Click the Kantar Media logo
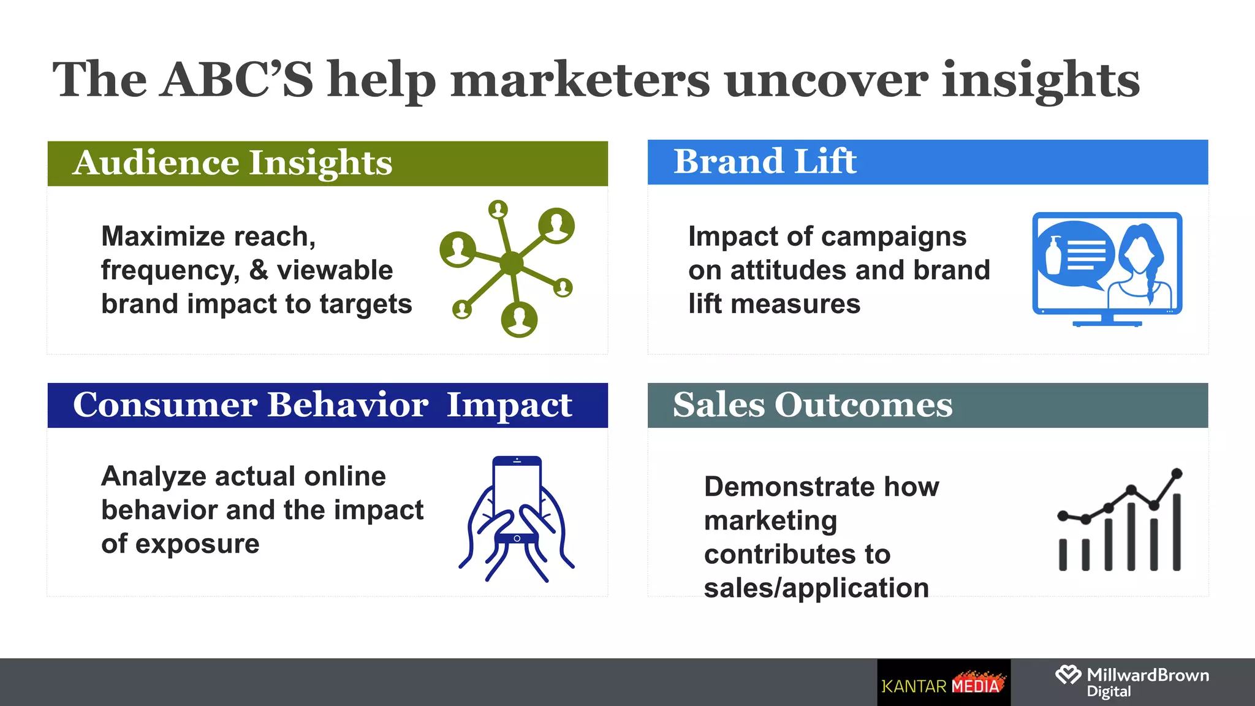943,683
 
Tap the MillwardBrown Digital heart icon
1068,675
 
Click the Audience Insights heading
232,163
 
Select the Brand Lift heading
765,162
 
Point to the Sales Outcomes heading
813,405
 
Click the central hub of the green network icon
512,264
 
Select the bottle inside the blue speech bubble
1054,256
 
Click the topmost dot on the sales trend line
1177,473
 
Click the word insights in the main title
1040,80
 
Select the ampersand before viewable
259,270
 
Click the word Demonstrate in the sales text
788,487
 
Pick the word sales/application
816,588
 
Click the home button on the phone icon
517,538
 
